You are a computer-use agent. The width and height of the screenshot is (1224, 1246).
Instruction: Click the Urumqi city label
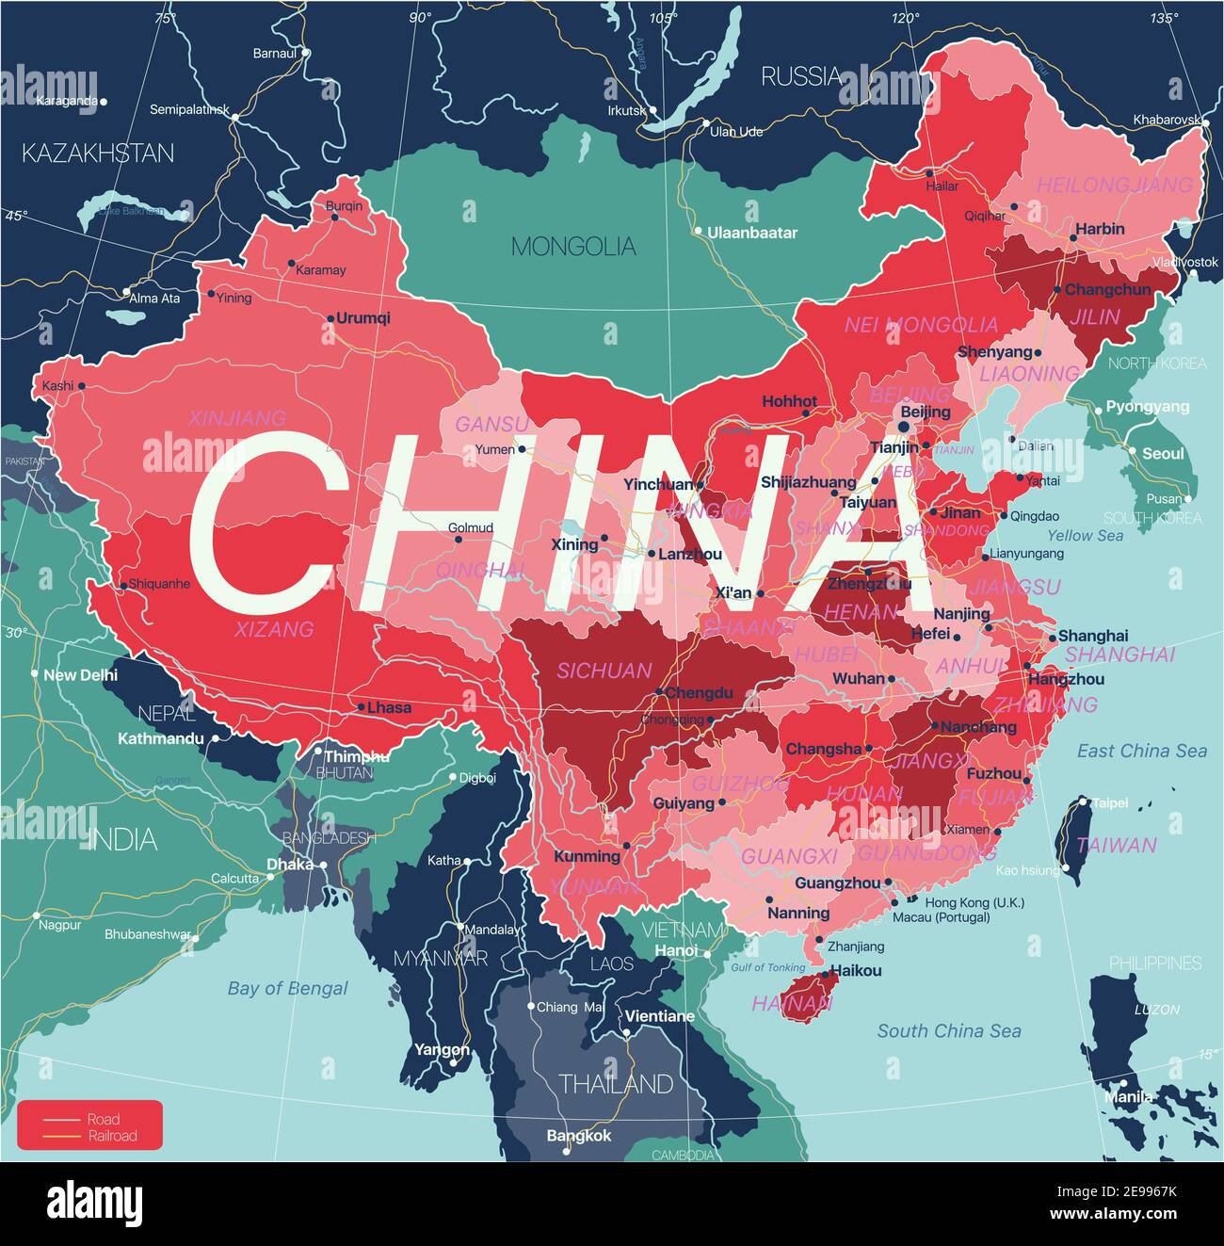click(363, 318)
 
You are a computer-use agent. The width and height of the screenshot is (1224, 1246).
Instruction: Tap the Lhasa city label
click(389, 707)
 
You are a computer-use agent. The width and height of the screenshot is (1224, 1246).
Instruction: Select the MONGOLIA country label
click(573, 247)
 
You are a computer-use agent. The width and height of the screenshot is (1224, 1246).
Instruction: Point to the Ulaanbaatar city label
click(752, 233)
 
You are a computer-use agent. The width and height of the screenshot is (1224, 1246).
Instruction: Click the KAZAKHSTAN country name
click(98, 153)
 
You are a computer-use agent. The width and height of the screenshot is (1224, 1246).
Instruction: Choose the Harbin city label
click(1100, 229)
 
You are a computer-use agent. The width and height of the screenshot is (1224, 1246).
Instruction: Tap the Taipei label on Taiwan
click(1110, 803)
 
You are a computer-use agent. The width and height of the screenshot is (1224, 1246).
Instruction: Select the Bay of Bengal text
click(287, 988)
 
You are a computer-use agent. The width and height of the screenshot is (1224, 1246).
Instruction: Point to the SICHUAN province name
click(604, 671)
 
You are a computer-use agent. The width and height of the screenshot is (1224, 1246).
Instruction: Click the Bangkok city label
click(579, 1136)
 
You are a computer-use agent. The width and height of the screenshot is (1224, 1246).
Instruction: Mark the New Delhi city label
click(81, 675)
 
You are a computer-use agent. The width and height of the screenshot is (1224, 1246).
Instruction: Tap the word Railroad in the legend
click(112, 1136)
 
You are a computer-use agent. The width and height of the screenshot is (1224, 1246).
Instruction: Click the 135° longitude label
click(1164, 18)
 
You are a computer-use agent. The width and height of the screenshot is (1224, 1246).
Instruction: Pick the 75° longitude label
click(165, 18)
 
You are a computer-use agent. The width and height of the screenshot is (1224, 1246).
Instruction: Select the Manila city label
click(1128, 1096)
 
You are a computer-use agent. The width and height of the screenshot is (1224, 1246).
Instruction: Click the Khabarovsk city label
click(1167, 121)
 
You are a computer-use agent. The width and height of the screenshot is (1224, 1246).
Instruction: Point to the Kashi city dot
click(81, 386)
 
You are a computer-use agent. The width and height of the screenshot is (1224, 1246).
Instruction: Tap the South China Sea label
click(949, 1031)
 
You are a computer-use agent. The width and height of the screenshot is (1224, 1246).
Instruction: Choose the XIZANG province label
click(274, 629)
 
